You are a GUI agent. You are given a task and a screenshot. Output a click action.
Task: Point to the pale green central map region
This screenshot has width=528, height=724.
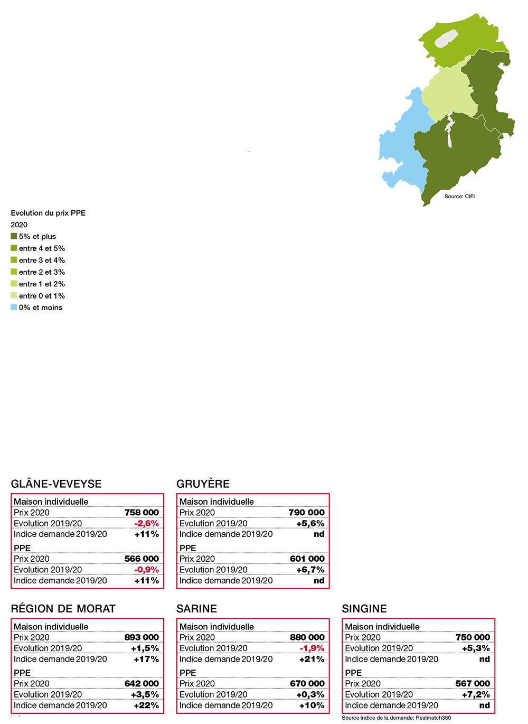[x=446, y=95]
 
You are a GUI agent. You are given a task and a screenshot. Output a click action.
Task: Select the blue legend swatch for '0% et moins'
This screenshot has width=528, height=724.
[x=14, y=308]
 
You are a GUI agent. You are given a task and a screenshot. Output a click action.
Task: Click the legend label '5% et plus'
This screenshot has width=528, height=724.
[x=37, y=236]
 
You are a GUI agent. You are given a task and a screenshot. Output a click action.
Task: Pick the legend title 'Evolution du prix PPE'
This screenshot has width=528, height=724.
[x=48, y=213]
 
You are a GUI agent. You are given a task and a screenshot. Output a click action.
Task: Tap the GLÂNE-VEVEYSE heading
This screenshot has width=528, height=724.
[x=56, y=484]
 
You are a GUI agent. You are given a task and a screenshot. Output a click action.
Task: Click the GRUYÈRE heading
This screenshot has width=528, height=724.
[x=203, y=484]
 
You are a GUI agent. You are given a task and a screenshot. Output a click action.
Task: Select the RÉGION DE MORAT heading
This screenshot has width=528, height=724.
[x=63, y=608]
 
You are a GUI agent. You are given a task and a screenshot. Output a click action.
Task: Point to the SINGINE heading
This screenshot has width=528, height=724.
[x=364, y=608]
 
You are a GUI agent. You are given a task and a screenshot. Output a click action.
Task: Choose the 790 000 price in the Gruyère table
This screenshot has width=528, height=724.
[x=307, y=512]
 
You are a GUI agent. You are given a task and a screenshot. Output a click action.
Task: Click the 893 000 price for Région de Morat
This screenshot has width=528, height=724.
[x=141, y=637]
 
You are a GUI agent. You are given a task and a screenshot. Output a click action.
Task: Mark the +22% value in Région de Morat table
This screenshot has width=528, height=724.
[x=146, y=705]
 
